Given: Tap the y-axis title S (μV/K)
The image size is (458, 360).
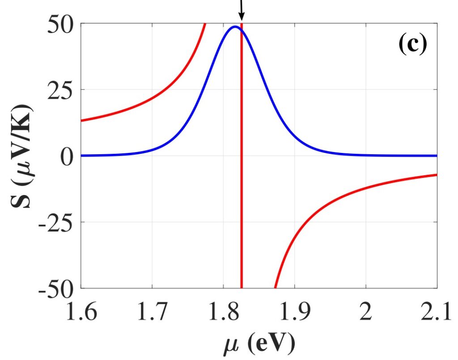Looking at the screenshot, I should point(21,157).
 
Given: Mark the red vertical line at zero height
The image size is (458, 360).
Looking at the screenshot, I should point(242,156).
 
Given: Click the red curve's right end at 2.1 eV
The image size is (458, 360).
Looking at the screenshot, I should point(437,174).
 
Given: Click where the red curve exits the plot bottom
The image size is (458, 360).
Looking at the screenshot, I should point(275,288).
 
